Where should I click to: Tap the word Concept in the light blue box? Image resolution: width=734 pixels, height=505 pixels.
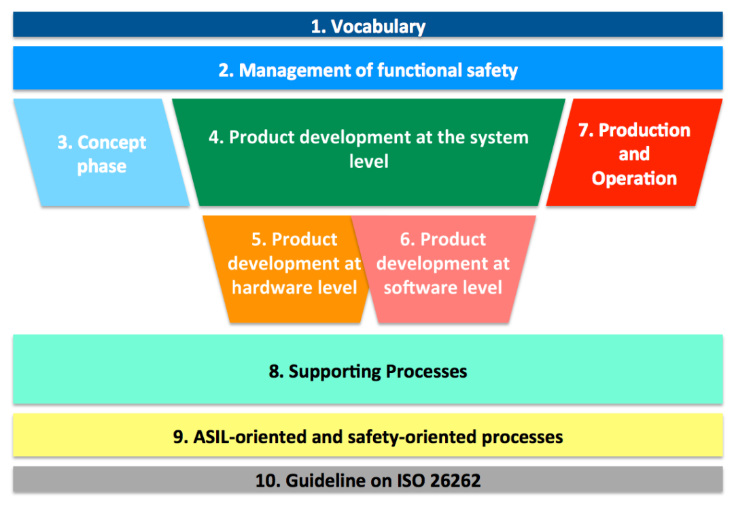[x=111, y=143]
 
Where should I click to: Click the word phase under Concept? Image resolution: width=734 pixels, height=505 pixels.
[x=101, y=167]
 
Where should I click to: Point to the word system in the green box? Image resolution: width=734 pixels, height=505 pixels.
[x=495, y=137]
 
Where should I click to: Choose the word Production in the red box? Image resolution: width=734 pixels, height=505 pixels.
[x=644, y=130]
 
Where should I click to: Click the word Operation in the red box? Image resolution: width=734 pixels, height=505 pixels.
[x=634, y=179]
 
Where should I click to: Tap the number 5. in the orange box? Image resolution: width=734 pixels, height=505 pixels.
[x=259, y=239]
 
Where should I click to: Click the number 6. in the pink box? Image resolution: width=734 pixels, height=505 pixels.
[x=408, y=239]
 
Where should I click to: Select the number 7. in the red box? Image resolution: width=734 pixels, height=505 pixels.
[x=587, y=130]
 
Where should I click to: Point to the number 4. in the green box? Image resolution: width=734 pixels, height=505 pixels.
[x=216, y=137]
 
